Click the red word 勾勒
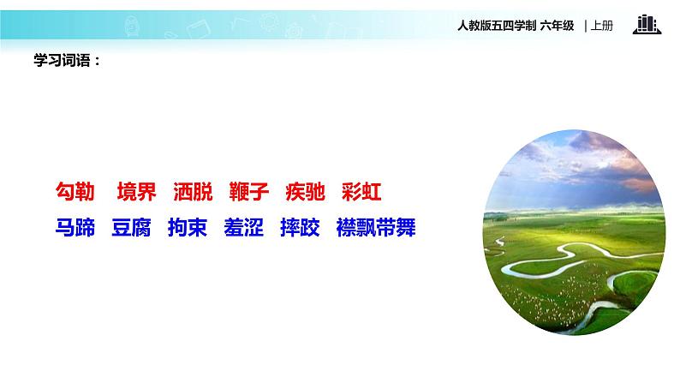[x=75, y=192]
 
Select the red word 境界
[x=136, y=192]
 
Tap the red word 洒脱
[x=193, y=192]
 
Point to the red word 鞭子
[x=249, y=192]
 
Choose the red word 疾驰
[x=305, y=192]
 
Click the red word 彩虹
[x=361, y=192]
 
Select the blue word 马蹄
[x=75, y=227]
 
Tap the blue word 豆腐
[x=131, y=227]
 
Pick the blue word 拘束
[x=188, y=227]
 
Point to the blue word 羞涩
[x=244, y=227]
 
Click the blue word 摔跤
[x=300, y=227]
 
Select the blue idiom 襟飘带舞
[x=376, y=227]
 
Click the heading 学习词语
[x=62, y=60]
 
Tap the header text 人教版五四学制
[x=497, y=26]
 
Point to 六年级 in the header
[x=557, y=26]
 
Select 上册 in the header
[x=602, y=26]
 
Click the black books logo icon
[x=647, y=24]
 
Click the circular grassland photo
[x=574, y=232]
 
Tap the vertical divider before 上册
[x=586, y=26]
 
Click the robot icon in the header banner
[x=132, y=26]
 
